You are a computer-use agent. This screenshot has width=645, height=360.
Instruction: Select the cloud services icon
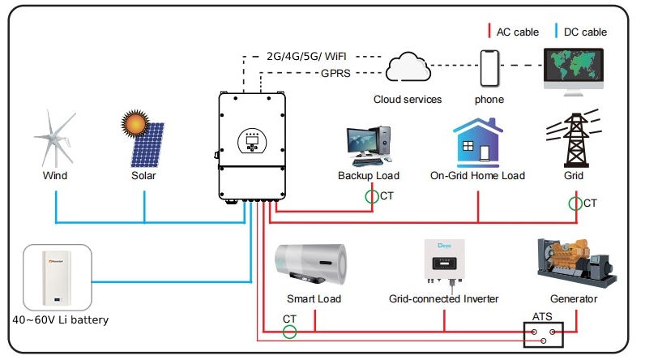click(408, 70)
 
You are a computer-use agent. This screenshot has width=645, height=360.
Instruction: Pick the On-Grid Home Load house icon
click(477, 142)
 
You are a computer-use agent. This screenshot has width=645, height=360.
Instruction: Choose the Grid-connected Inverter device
click(444, 260)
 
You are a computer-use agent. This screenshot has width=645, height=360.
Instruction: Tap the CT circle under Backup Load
click(370, 196)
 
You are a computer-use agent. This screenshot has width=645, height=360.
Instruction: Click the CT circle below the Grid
click(575, 202)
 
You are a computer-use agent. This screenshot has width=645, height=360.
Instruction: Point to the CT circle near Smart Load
click(289, 331)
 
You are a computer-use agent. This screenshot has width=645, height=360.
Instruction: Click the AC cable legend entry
click(515, 32)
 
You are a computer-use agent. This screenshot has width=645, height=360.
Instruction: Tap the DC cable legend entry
click(583, 32)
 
